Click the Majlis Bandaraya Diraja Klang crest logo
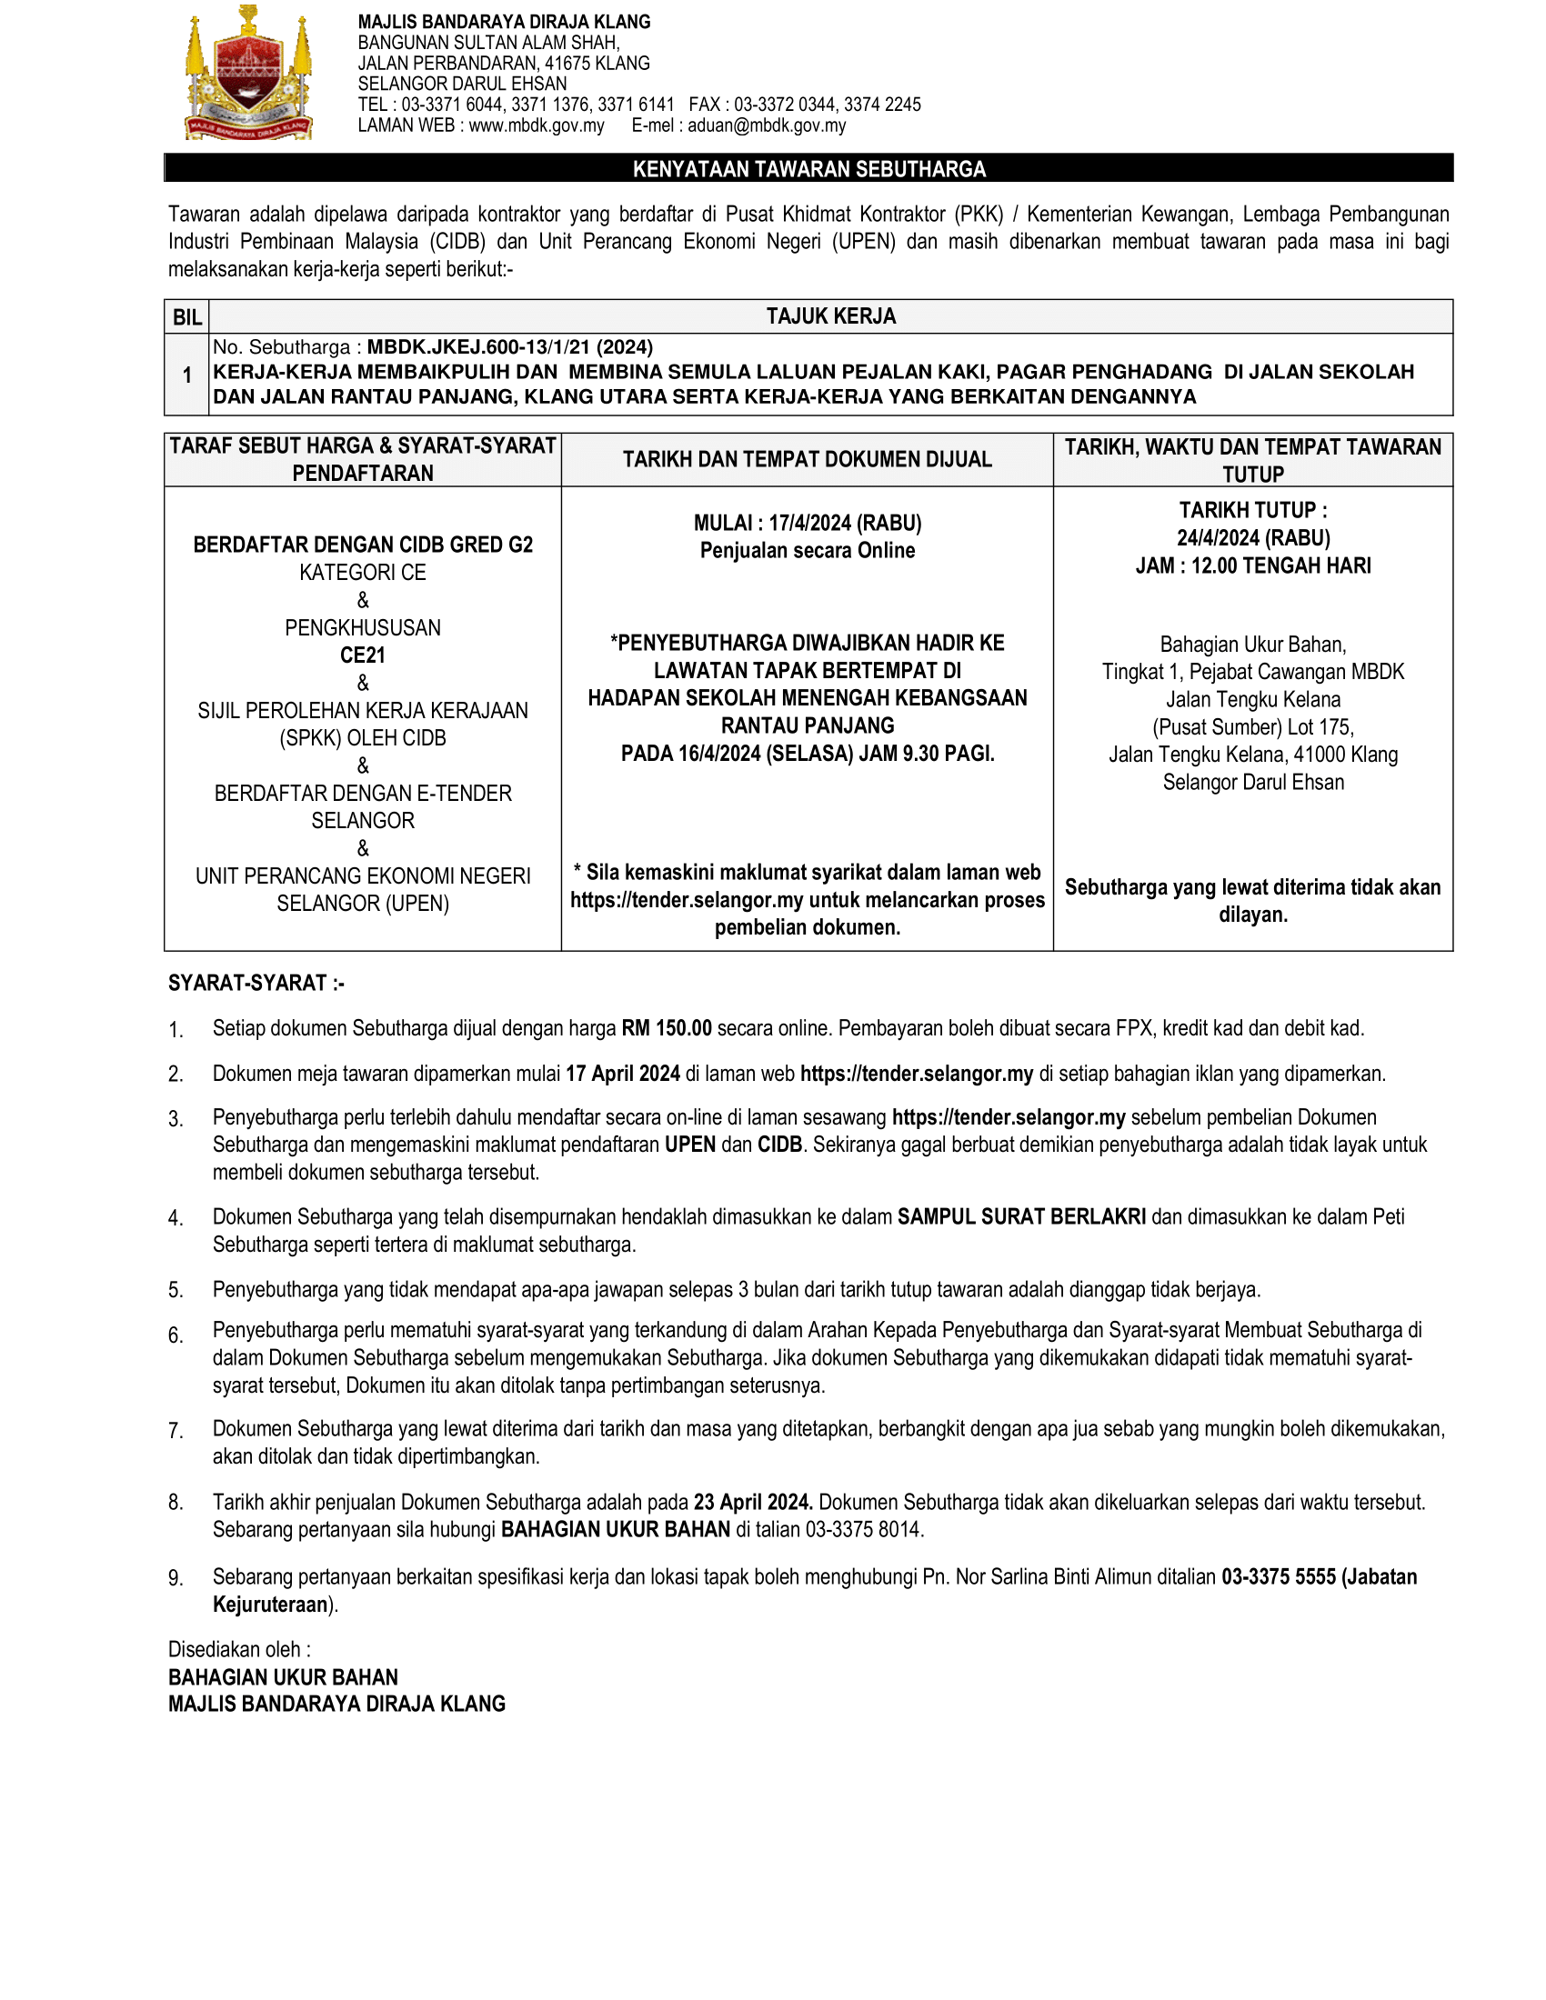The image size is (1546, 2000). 249,74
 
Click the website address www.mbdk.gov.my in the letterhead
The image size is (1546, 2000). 536,125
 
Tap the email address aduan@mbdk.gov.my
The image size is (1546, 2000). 766,125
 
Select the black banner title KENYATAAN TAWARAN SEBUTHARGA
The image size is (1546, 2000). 808,168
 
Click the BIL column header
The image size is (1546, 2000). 186,317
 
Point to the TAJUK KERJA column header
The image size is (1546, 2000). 830,316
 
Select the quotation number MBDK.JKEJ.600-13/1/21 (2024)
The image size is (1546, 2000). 510,347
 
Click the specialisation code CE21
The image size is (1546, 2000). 363,655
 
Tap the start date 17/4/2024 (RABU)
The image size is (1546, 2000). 845,523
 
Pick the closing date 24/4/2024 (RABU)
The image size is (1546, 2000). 1253,537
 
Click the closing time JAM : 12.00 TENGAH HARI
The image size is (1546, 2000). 1253,565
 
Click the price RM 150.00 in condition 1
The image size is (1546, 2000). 666,1027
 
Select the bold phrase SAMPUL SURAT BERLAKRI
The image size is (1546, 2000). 1021,1216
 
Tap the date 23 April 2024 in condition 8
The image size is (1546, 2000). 753,1502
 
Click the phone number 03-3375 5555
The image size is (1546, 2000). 1278,1576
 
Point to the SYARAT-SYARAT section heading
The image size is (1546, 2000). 256,983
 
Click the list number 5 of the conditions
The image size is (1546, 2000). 176,1290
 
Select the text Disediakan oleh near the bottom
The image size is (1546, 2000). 238,1649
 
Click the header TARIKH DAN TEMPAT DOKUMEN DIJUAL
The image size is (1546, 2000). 807,459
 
